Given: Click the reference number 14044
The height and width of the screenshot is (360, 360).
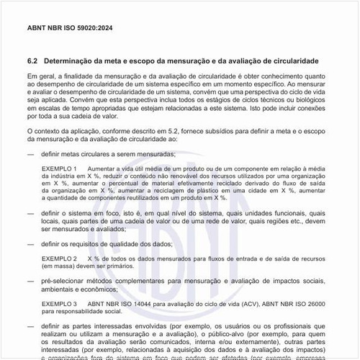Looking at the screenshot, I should point(158,305).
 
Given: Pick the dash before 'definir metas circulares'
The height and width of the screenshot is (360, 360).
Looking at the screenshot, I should point(31,154).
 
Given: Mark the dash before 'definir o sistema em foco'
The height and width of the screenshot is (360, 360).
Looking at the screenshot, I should point(31,214).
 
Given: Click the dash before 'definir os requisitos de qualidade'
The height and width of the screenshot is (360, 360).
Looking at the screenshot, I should point(31,244).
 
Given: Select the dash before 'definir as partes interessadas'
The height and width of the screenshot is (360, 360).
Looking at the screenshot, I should point(31,327).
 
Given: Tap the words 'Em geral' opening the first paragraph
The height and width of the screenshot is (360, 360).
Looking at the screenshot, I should point(40,76).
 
